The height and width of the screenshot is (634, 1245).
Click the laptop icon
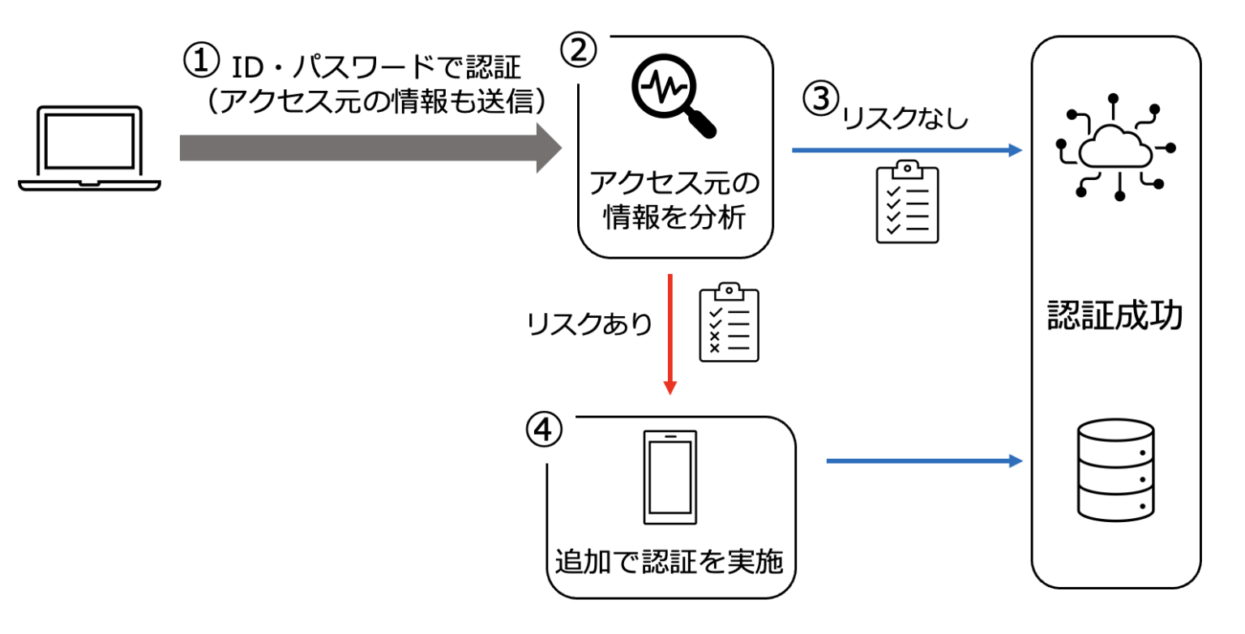(89, 149)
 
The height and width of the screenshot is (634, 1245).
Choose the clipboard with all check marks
(907, 202)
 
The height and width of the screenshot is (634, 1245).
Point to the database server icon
(1116, 469)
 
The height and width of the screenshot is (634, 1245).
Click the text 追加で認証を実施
(670, 561)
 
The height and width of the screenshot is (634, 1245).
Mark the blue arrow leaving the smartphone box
(923, 461)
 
